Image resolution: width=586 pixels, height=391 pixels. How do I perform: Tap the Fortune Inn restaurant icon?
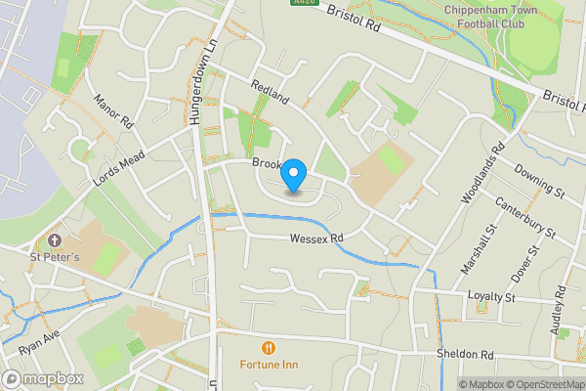[x=267, y=348]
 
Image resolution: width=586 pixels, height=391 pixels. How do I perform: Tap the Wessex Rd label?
[x=316, y=239]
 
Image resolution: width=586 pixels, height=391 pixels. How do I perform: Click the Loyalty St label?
[x=490, y=295]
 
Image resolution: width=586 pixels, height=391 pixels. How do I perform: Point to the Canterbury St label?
[x=524, y=219]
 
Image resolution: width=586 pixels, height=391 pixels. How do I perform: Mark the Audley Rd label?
[x=560, y=310]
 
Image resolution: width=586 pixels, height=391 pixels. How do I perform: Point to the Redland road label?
[x=271, y=94]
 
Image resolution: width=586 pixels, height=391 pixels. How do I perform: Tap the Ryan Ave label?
[x=38, y=342]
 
